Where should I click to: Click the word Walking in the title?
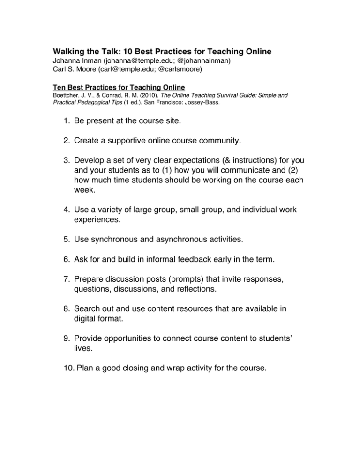click(70, 51)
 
